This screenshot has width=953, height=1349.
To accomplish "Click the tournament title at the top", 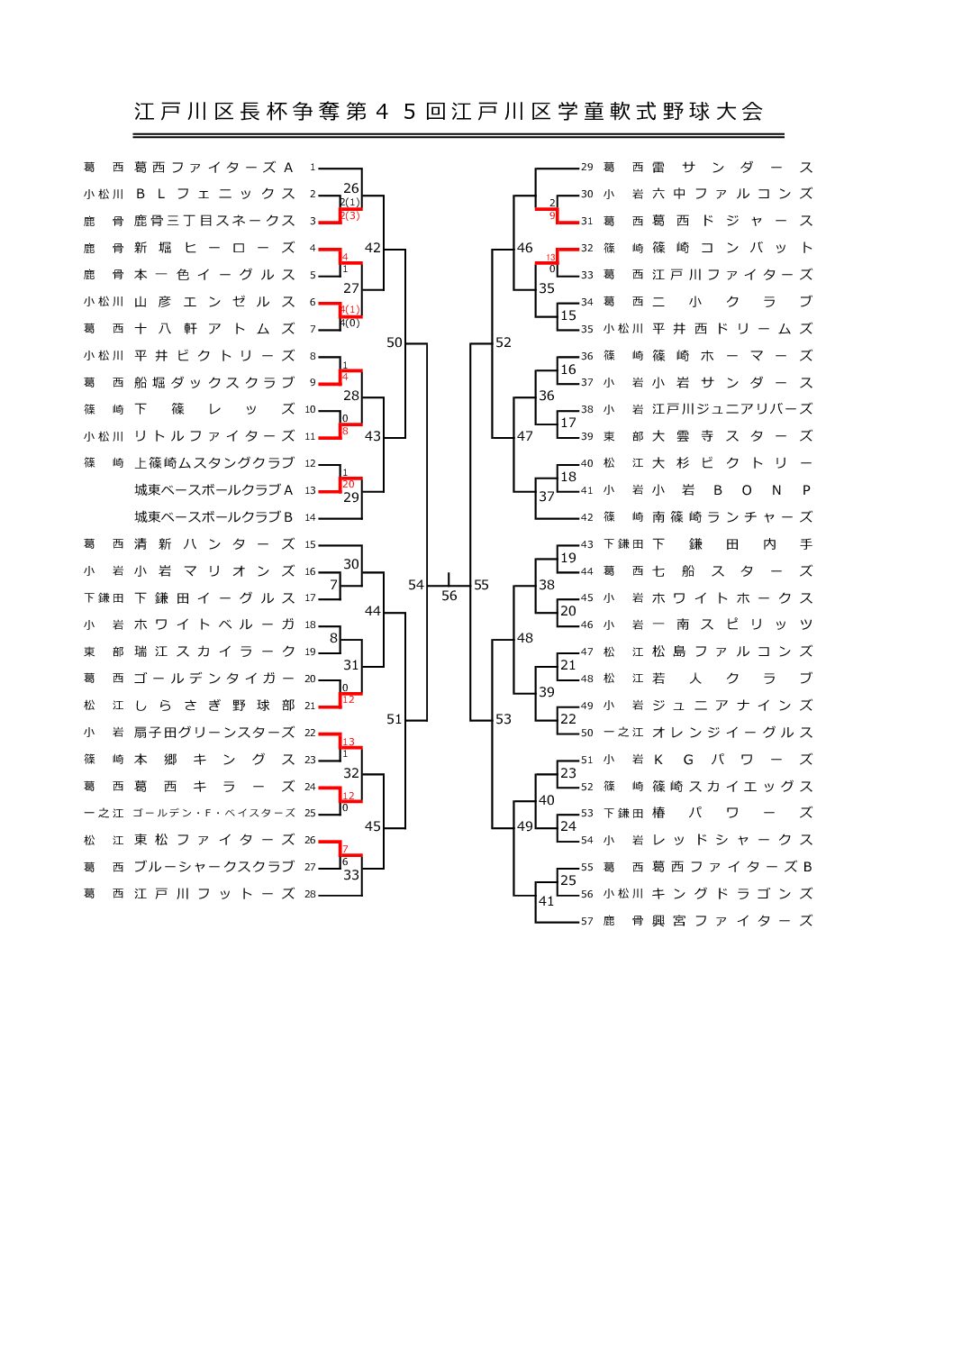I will pos(449,112).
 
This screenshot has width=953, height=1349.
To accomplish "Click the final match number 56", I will pos(449,596).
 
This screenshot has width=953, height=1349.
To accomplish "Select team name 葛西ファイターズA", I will pos(213,168).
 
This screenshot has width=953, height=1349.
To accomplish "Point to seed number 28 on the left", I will pos(310,894).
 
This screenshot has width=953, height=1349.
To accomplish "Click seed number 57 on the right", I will pos(586,921).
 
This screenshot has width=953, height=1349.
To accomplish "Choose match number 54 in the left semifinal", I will pos(415,585).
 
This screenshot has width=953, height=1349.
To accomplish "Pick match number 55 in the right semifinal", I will pos(481,585).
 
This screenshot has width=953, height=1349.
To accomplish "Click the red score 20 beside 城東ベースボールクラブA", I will pos(348,485).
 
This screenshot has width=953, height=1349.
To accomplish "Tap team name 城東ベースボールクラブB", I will pos(213,517).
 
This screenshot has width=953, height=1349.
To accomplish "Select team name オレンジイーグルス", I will pos(731,733).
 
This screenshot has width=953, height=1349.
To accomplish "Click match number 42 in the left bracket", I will pos(372,248).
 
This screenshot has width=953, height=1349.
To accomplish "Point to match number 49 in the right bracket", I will pos(524,826).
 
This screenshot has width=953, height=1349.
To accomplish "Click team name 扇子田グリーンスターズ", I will pos(213,733).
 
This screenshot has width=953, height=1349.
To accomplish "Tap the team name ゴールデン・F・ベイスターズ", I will pos(213,813).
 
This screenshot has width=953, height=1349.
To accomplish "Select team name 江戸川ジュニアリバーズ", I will pos(731,409).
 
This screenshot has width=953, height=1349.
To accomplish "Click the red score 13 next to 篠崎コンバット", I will pos(550,258).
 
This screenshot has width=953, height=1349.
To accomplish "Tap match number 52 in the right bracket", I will pos(503,342).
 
